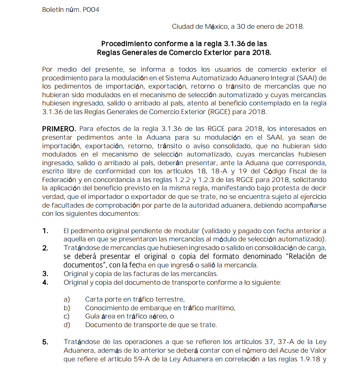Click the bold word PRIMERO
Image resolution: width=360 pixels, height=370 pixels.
click(56, 129)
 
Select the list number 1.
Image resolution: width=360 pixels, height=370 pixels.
click(45, 231)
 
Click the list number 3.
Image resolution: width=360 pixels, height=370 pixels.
click(45, 274)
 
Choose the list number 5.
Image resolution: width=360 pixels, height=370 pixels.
click(45, 342)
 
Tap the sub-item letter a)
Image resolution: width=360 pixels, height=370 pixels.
click(67, 299)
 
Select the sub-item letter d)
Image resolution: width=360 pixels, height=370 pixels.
click(67, 325)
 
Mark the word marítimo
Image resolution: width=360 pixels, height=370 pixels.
click(219, 308)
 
